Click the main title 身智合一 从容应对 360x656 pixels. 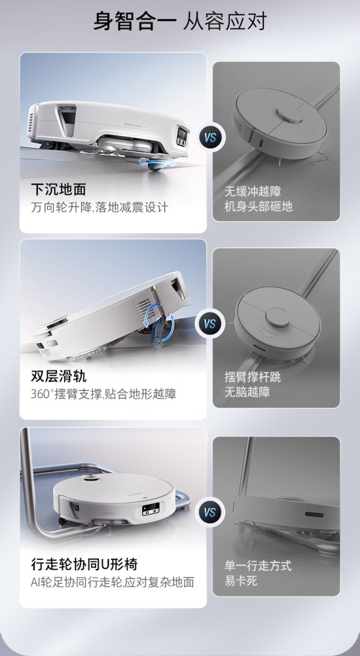point(179,22)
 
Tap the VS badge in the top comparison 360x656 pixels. point(210,137)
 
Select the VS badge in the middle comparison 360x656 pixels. point(210,323)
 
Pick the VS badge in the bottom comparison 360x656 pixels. point(210,511)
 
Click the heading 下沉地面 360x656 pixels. point(58,189)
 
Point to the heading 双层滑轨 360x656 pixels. point(58,376)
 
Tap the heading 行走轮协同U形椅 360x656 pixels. point(84,564)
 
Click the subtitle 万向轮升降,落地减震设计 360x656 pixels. point(100,207)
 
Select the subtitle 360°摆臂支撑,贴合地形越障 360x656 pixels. point(104,394)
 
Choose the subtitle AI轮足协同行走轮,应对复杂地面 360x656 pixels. point(113,582)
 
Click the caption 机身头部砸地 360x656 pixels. point(258,206)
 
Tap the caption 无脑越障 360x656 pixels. point(247,392)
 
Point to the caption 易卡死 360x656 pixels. point(241,580)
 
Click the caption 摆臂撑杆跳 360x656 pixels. point(253,377)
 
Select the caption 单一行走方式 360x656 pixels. point(258,565)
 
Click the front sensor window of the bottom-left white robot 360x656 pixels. point(150,511)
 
